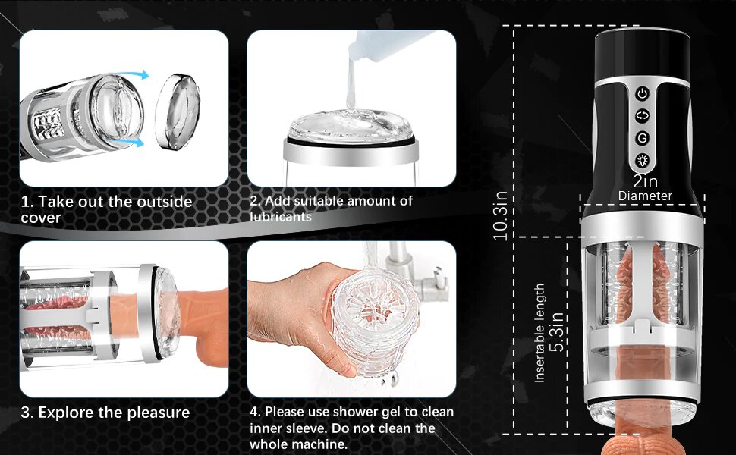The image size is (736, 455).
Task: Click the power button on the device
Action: (x=642, y=93)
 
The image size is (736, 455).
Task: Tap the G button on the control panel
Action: (x=642, y=138)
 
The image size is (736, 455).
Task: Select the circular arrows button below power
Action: (x=642, y=115)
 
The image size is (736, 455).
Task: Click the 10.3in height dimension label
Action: (x=500, y=215)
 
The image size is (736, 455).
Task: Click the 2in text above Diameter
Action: (x=645, y=181)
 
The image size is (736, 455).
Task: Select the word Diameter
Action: (x=645, y=196)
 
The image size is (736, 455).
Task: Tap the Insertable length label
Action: (x=539, y=333)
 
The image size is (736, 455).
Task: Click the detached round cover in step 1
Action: (x=178, y=111)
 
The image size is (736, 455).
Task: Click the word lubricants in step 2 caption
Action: (x=281, y=217)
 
